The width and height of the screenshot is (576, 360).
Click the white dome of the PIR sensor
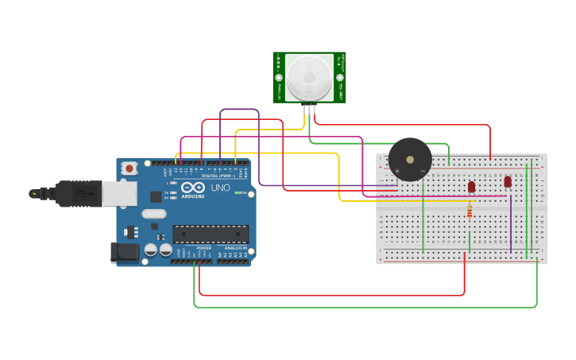point(309,76)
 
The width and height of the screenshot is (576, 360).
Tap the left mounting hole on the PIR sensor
point(279,77)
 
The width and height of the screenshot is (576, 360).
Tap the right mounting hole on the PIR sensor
point(340,77)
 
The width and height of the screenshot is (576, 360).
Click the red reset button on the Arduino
point(129,168)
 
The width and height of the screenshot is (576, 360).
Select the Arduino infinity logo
point(192,188)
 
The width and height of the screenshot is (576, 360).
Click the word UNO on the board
point(220,188)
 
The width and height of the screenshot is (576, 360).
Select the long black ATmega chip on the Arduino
point(211,234)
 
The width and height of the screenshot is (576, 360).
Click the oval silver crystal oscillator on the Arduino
point(154,213)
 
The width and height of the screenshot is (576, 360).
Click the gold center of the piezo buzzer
point(410,159)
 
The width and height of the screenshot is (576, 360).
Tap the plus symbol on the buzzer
point(396,170)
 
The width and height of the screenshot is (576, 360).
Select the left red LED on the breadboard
point(471,187)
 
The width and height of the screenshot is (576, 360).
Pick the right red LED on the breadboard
point(508,181)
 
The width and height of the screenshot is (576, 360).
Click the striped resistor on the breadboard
point(470,211)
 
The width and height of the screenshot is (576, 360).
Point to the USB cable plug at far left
point(37,193)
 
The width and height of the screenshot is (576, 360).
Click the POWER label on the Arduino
point(204,248)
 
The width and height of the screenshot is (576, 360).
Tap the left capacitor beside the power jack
point(150,250)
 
